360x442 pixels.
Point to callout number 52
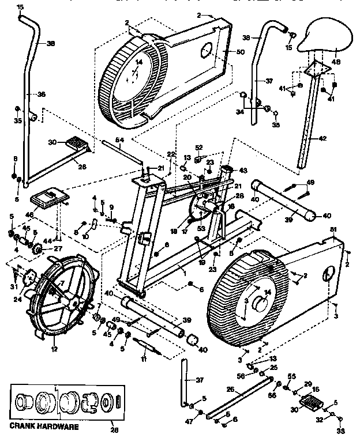pyautogui.click(x=199, y=148)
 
